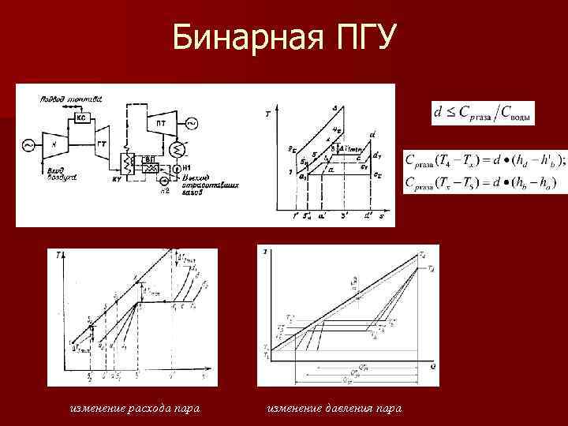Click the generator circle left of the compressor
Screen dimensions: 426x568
(x=28, y=145)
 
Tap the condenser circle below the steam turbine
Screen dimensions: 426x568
(x=177, y=148)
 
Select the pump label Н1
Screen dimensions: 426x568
(x=186, y=168)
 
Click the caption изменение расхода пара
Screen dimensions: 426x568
(x=134, y=408)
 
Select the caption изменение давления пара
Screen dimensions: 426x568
(x=334, y=408)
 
